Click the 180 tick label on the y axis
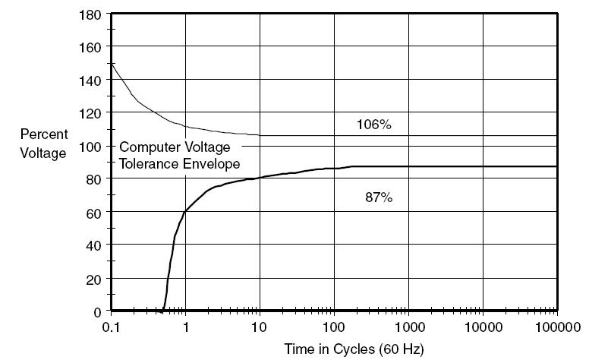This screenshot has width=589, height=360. click(x=90, y=15)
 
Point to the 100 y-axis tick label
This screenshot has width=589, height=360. click(x=90, y=146)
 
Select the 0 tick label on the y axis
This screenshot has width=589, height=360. click(x=98, y=312)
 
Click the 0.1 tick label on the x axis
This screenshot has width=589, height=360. click(x=111, y=327)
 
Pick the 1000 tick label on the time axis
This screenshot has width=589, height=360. click(x=410, y=327)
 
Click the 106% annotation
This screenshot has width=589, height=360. click(x=373, y=125)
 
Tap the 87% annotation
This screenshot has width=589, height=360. click(x=379, y=197)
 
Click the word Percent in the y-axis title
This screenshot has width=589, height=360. click(x=44, y=134)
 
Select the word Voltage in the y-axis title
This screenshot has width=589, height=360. click(x=43, y=153)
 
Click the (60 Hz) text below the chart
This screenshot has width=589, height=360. click(x=402, y=349)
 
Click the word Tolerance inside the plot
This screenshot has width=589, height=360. click(x=149, y=164)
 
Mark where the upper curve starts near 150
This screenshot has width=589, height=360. click(x=112, y=64)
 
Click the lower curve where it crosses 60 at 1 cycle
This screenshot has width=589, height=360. click(x=185, y=212)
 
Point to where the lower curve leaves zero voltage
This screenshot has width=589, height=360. click(x=163, y=310)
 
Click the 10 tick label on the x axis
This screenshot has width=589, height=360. click(x=258, y=327)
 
